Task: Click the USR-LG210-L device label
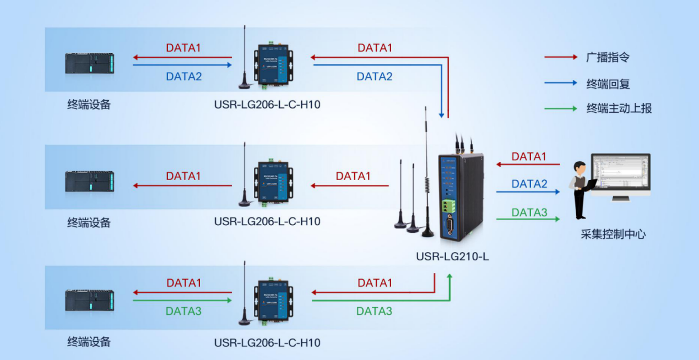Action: point(452,256)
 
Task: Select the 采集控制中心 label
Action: point(613,234)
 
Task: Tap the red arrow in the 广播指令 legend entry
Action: point(560,57)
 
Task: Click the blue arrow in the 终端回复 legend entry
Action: point(560,84)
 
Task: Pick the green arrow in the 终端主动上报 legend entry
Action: point(560,108)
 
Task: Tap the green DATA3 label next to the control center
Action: point(529,212)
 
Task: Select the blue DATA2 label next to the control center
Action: point(529,184)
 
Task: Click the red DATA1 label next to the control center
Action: point(529,157)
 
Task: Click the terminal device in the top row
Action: point(89,64)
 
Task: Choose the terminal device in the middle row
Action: point(89,182)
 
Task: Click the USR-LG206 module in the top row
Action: point(273,65)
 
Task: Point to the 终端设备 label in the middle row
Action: point(89,222)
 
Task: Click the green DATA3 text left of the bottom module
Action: point(183,311)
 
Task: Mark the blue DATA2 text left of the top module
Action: point(184,77)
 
